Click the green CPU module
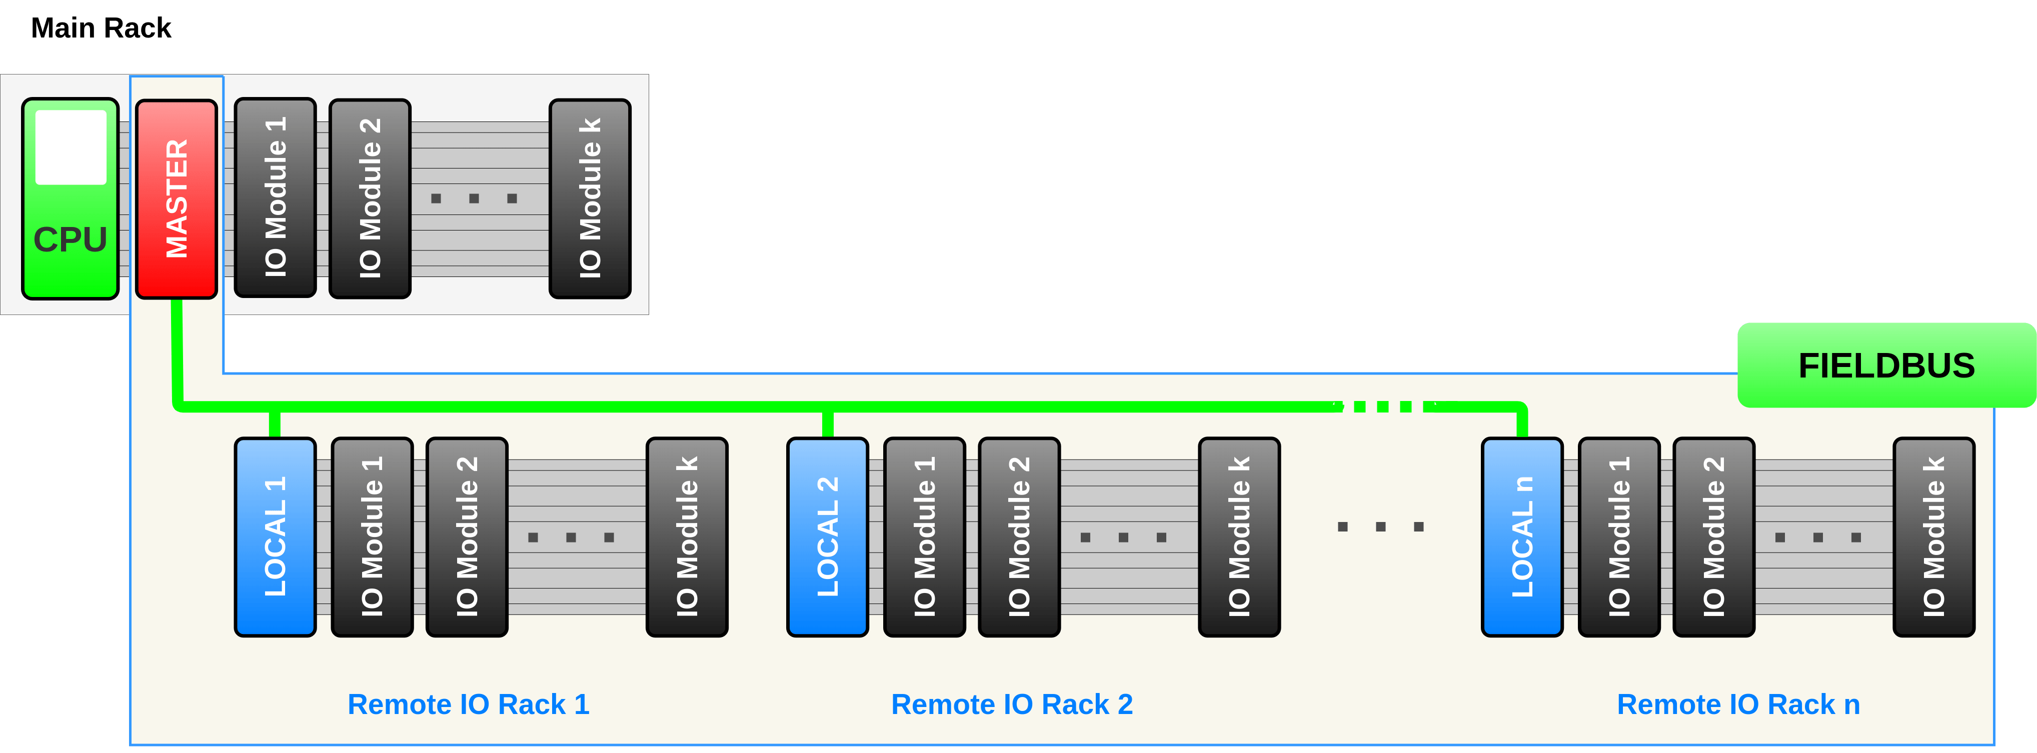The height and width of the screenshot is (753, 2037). click(x=71, y=198)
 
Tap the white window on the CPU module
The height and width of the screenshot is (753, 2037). click(x=71, y=147)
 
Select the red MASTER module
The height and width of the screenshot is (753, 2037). click(x=177, y=198)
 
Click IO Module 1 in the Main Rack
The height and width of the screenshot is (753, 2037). click(x=275, y=197)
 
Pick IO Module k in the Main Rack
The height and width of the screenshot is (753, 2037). click(x=590, y=198)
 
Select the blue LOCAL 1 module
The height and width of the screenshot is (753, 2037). click(x=275, y=537)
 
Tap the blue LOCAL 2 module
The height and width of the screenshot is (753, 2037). click(x=827, y=537)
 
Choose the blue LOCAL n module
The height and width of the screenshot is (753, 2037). click(x=1522, y=537)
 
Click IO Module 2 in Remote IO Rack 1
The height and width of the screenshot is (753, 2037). click(x=467, y=537)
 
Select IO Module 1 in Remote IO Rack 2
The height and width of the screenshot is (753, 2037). click(x=924, y=537)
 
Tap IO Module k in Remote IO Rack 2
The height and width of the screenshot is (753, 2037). click(x=1239, y=537)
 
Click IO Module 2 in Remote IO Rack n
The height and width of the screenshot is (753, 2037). click(x=1713, y=537)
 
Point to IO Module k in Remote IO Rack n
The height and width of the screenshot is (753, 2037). click(x=1933, y=537)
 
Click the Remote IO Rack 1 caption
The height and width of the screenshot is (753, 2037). click(x=469, y=704)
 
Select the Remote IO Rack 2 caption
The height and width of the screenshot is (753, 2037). click(x=1012, y=704)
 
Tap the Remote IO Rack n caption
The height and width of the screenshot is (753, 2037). click(x=1738, y=704)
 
